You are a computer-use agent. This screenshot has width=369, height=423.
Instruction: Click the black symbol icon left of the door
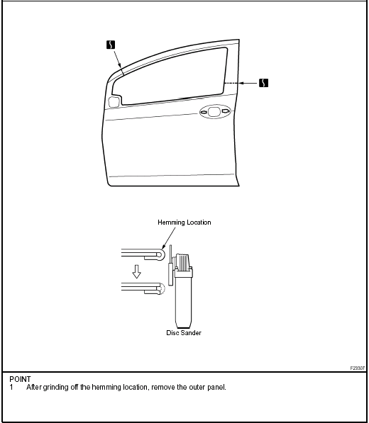pos(111,45)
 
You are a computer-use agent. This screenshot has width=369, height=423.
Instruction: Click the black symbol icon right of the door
pos(264,83)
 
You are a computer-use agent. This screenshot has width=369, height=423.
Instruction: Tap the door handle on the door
pos(215,111)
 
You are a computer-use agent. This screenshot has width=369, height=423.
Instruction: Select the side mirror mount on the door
pos(114,102)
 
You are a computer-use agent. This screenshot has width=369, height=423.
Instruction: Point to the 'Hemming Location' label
pos(184,222)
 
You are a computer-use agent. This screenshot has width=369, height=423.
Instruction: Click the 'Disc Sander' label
pos(184,332)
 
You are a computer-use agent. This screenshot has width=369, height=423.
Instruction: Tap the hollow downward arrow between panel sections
pos(137,271)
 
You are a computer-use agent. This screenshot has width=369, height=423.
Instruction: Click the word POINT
pos(20,379)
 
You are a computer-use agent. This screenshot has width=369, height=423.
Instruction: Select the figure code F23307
pos(358,368)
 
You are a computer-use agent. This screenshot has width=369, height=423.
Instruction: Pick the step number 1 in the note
pos(11,387)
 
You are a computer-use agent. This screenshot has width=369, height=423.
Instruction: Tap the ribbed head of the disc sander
pos(183,261)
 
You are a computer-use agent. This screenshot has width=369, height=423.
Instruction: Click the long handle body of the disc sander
pos(183,300)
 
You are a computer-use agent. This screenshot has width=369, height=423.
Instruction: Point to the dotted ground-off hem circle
pos(162,288)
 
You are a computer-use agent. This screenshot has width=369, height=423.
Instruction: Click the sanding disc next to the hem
pos(171,265)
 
